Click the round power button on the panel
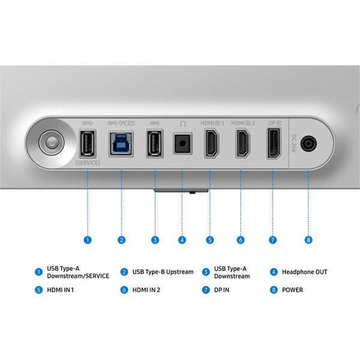tap(52, 143)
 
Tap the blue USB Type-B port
tap(121, 144)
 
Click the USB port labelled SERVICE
tap(87, 144)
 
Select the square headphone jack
tap(182, 144)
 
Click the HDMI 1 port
tap(211, 143)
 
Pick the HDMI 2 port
tap(242, 143)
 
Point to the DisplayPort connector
tap(274, 143)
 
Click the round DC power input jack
tap(308, 144)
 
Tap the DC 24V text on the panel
tap(294, 143)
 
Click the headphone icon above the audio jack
tap(183, 124)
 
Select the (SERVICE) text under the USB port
tap(88, 163)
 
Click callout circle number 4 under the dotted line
tap(182, 240)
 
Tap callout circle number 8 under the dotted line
tap(308, 240)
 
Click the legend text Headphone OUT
tap(305, 272)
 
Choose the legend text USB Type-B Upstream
tap(163, 272)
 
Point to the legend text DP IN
tap(221, 290)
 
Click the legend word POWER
tap(292, 290)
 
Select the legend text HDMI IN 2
tap(146, 290)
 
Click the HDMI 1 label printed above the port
tap(212, 123)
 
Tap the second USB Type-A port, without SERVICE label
tap(155, 144)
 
